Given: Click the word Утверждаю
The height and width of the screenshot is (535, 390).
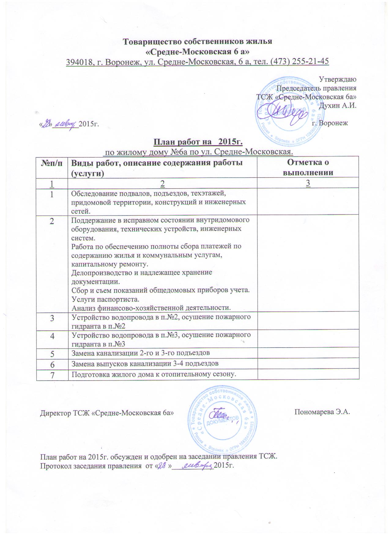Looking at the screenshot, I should pyautogui.click(x=338, y=79).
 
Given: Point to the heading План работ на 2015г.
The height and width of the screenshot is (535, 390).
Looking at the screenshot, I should pyautogui.click(x=198, y=142).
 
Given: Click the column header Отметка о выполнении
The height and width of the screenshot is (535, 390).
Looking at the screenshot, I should pyautogui.click(x=307, y=167).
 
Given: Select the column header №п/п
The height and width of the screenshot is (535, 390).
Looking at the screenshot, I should pyautogui.click(x=52, y=163).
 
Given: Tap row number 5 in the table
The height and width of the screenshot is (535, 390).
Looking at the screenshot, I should pyautogui.click(x=52, y=354).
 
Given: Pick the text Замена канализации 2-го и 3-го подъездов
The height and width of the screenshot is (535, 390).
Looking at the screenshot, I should pyautogui.click(x=140, y=353).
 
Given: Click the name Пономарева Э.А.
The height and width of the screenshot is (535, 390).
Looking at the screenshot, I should pyautogui.click(x=322, y=412).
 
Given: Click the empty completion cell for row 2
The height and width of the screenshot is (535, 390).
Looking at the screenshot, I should pyautogui.click(x=307, y=263).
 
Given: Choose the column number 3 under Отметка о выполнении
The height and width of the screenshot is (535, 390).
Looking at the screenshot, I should pyautogui.click(x=308, y=183).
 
